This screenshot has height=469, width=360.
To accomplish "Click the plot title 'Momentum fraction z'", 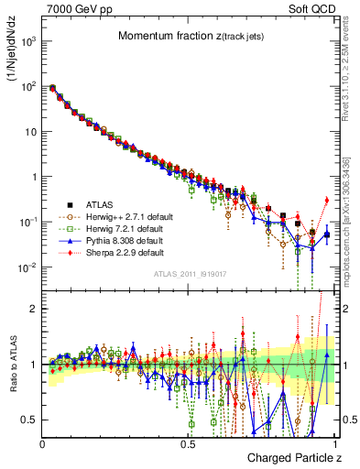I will (187, 36).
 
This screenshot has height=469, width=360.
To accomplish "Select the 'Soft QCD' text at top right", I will (311, 8).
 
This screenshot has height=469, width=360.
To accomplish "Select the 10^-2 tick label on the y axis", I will (27, 267).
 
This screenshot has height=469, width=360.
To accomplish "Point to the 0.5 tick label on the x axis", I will (188, 442).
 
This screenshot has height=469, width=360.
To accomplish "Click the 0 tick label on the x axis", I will (43, 442).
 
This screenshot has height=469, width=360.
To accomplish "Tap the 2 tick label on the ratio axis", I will (33, 309).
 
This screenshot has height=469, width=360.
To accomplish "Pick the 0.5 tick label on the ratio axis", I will (29, 420).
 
